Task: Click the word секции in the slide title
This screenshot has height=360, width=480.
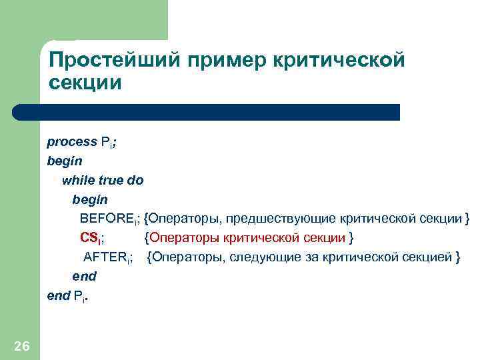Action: tap(85, 84)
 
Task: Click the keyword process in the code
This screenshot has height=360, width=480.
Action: tap(71, 142)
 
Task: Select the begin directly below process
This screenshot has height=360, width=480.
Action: tap(62, 161)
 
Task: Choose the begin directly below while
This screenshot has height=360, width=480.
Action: tap(89, 199)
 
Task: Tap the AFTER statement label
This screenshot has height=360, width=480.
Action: tap(107, 257)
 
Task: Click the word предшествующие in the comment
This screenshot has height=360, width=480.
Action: tap(280, 219)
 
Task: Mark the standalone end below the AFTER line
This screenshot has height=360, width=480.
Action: tap(84, 276)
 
